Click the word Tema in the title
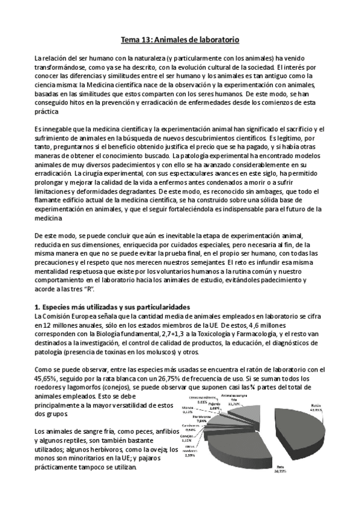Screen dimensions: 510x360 click(131, 39)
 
